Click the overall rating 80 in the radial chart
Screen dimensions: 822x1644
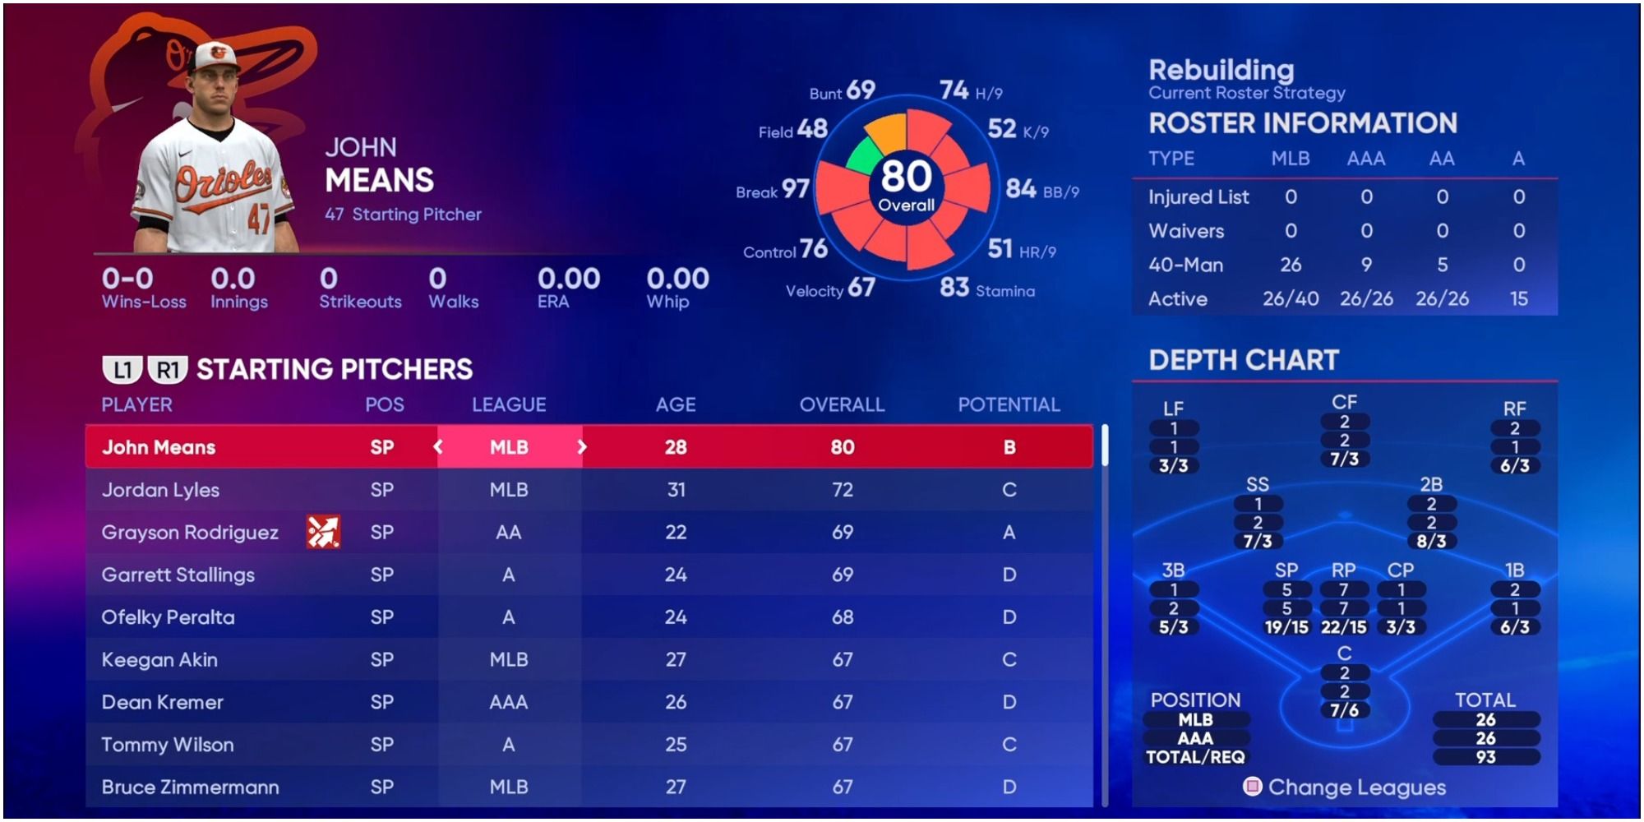tap(906, 178)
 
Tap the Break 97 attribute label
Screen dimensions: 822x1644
tap(773, 190)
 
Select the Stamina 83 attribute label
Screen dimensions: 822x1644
tap(987, 289)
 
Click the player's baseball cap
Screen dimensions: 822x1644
tap(215, 56)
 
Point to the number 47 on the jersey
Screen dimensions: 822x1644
tap(259, 219)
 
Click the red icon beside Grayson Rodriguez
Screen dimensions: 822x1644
tap(323, 532)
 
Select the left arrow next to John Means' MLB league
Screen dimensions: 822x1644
tap(438, 447)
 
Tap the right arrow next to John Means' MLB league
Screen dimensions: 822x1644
tap(582, 447)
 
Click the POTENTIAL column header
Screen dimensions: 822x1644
tap(1009, 404)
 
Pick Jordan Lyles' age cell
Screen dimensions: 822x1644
tap(676, 490)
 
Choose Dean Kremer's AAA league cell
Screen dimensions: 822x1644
tap(509, 702)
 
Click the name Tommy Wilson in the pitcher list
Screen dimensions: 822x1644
tap(168, 745)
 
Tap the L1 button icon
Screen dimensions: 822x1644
tap(122, 370)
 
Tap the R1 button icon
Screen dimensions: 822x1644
tap(168, 370)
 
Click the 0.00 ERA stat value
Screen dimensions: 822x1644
tap(568, 279)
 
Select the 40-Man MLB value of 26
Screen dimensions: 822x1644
tap(1291, 265)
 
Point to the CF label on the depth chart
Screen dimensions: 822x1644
tap(1344, 402)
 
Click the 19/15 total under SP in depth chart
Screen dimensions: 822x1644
tap(1286, 627)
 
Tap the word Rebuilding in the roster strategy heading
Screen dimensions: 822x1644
tap(1221, 70)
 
